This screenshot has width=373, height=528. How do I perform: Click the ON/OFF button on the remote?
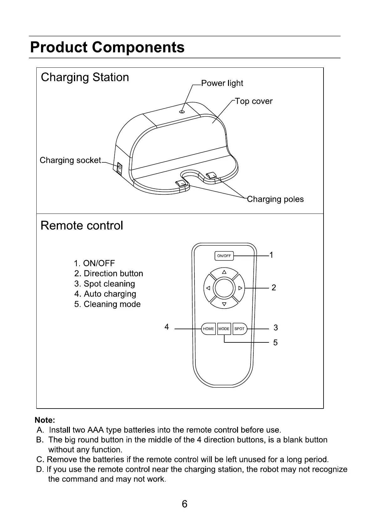pos(224,256)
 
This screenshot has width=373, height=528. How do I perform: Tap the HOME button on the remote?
pos(208,329)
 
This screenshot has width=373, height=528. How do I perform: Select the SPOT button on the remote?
pos(240,329)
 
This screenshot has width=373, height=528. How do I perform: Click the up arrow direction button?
pos(224,272)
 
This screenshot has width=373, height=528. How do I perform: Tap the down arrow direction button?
pos(224,304)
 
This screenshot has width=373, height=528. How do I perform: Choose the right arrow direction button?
pos(240,288)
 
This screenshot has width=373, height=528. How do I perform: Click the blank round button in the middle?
pos(224,288)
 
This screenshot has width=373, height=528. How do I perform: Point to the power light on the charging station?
pos(182,112)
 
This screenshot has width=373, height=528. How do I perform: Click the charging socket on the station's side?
pos(119,168)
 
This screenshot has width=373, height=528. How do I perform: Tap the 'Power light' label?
pos(222,83)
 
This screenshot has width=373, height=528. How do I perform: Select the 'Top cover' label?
pos(254,101)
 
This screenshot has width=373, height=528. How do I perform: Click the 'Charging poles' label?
pos(275,199)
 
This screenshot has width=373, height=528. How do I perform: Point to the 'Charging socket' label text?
pos(70,160)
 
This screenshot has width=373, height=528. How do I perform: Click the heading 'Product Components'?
pos(107,47)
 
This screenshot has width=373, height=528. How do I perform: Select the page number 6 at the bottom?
pos(184,504)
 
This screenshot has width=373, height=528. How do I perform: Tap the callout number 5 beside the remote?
pos(275,342)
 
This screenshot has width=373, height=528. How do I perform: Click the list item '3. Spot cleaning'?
pos(105,284)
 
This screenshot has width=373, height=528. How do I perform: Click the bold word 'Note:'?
pos(45,420)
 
